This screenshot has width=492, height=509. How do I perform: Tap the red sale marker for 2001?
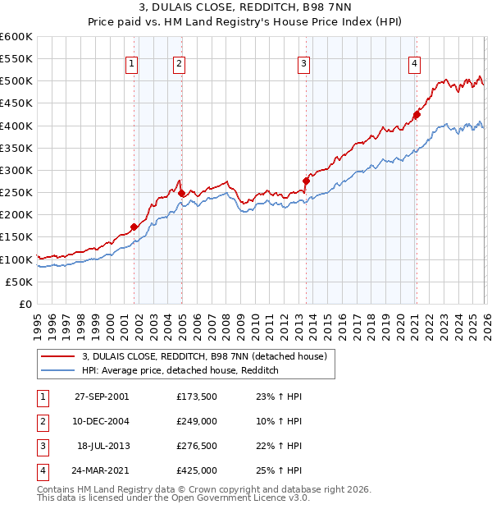[x=134, y=227]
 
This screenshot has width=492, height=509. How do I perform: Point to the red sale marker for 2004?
[x=181, y=193]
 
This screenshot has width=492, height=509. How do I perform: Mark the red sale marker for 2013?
[x=306, y=181]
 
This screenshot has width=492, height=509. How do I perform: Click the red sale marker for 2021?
[x=417, y=115]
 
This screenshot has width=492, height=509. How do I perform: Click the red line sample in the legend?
[x=57, y=356]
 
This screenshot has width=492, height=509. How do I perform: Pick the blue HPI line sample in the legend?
[x=57, y=371]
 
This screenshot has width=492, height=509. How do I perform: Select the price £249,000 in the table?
[x=196, y=421]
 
